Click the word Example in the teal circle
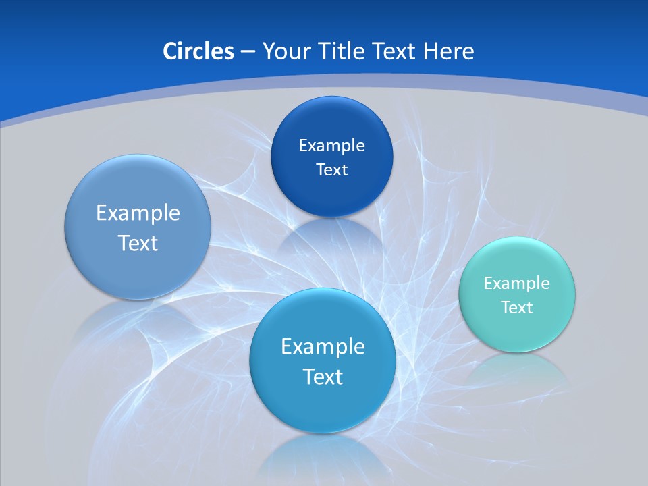516,283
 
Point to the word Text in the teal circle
517,308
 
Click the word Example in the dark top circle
331,146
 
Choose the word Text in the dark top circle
331,170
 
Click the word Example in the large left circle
138,213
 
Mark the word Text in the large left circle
138,243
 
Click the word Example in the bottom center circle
323,347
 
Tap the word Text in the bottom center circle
323,377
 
